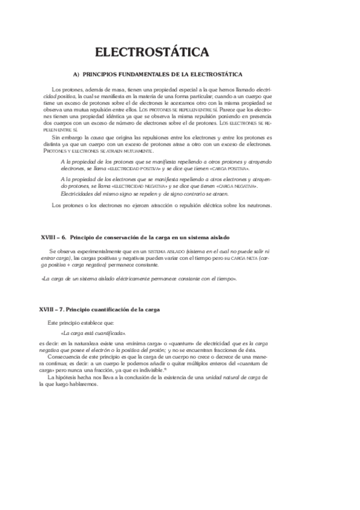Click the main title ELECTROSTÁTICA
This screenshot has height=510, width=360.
click(152, 52)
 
